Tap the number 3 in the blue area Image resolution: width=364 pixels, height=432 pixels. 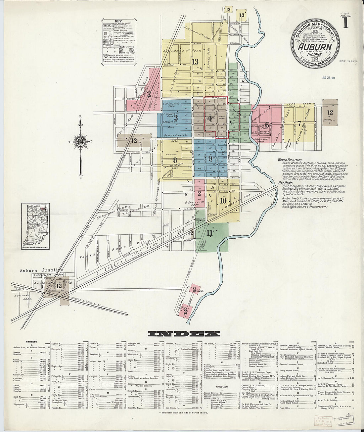pyautogui.click(x=176, y=118)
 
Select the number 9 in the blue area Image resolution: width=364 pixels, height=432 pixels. pyautogui.click(x=210, y=159)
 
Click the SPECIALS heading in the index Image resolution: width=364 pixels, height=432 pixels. pyautogui.click(x=221, y=386)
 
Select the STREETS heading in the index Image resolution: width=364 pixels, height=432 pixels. pyautogui.click(x=31, y=341)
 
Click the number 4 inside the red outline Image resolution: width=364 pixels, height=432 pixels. pyautogui.click(x=209, y=118)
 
